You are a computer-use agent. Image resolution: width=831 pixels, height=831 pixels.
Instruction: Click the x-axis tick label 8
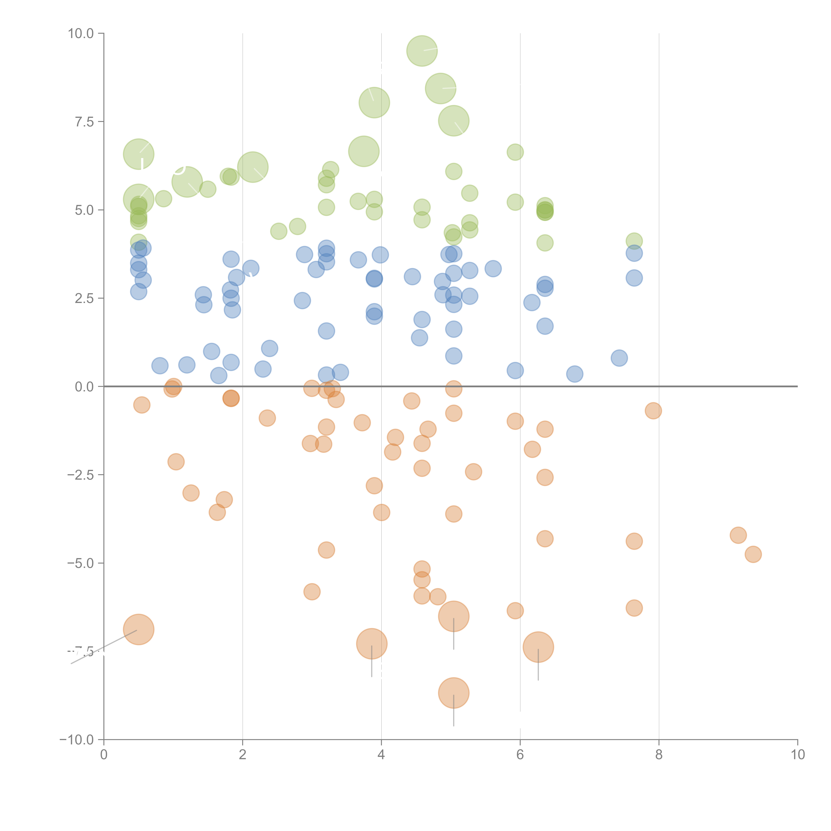pos(659,755)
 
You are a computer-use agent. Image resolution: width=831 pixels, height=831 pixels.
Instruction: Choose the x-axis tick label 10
pos(797,755)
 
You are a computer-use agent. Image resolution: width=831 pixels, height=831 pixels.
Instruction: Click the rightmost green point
pos(634,241)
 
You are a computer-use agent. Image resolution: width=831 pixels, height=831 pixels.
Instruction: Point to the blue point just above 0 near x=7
pos(575,374)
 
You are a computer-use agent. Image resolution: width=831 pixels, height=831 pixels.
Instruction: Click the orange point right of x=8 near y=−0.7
pos(653,411)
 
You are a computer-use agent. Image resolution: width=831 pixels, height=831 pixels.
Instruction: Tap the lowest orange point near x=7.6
pos(634,608)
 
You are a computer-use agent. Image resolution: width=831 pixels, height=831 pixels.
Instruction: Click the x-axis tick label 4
pos(381,755)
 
